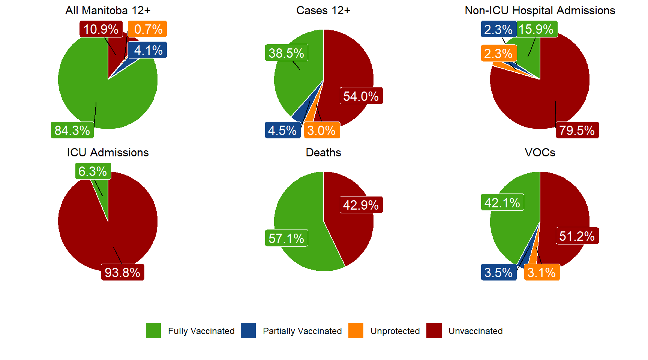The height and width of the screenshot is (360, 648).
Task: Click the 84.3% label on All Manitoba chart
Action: [72, 130]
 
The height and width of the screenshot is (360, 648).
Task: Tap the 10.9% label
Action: [101, 29]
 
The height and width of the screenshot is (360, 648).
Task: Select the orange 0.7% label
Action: [148, 29]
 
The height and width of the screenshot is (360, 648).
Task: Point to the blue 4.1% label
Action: [148, 50]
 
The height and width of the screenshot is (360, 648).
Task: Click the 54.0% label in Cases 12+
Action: [361, 96]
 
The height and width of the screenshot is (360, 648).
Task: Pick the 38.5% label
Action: [286, 53]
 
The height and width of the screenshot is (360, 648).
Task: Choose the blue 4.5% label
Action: [283, 130]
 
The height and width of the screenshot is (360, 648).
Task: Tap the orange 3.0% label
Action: [322, 130]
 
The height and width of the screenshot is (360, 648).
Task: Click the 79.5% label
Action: [577, 130]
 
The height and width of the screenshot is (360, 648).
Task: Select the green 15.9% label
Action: [537, 29]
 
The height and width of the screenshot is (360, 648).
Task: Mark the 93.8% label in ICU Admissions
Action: [123, 272]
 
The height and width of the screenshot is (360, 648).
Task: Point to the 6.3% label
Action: [93, 171]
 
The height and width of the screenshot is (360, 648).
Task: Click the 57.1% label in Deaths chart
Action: [286, 238]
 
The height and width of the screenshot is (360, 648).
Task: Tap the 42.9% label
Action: [361, 205]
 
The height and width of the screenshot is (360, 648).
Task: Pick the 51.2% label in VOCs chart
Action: [577, 236]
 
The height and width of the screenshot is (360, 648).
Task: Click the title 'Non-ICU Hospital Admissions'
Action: [540, 10]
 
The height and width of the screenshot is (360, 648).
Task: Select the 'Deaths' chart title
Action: [323, 153]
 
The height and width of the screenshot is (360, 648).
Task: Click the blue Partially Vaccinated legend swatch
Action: [248, 331]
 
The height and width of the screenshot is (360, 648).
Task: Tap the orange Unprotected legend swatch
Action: [356, 331]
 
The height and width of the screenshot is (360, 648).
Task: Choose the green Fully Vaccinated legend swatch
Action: [153, 331]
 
